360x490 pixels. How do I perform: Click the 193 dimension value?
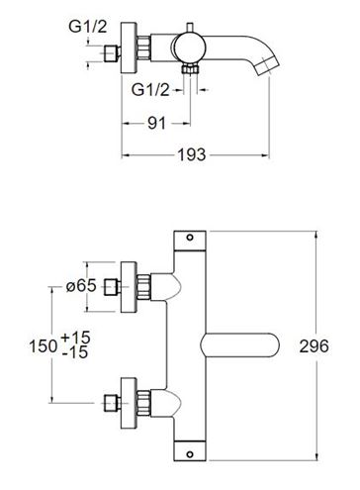pos(192,154)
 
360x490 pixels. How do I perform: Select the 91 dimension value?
pos(156,124)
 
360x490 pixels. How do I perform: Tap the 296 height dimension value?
pos(314,346)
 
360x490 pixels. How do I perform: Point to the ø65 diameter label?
pos(81,286)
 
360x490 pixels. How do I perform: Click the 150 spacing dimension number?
pos(44,346)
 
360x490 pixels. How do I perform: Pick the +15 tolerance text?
pos(75,338)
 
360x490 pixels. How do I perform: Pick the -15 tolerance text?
pos(75,352)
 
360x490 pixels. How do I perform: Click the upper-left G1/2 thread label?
pos(88,26)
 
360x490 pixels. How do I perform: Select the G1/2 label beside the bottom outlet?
pos(150,89)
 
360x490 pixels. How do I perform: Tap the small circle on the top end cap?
pos(190,238)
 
